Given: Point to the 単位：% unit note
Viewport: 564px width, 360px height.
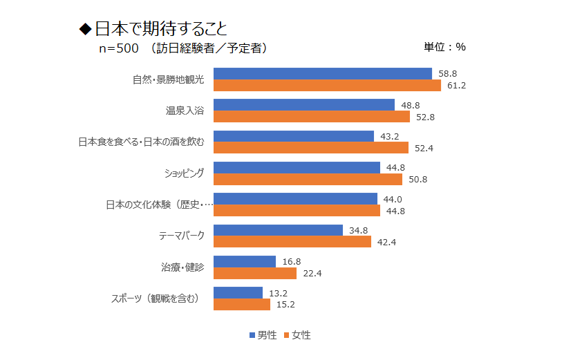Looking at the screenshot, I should [x=444, y=47].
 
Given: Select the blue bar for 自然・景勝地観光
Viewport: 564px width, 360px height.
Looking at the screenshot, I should [x=322, y=73].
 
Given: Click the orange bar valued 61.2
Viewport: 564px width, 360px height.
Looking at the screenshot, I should [x=327, y=86].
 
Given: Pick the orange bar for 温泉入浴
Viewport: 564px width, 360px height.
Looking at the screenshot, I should [x=312, y=117].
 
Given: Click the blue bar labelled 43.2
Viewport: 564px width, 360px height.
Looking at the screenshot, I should [x=294, y=136].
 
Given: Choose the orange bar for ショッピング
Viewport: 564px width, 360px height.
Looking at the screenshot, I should [x=308, y=180].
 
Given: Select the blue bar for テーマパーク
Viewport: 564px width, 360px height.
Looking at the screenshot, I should [x=278, y=230].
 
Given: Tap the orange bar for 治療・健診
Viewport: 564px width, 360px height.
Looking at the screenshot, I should [x=255, y=273].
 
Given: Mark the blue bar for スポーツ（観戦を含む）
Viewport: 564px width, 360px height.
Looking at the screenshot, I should [x=238, y=292].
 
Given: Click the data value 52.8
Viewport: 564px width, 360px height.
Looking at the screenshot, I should [x=425, y=117].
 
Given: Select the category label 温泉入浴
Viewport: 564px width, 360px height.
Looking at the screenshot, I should [x=185, y=111].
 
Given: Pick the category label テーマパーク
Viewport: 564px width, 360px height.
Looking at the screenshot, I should [x=182, y=236].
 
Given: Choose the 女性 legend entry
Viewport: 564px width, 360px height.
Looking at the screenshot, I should [x=297, y=335].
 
